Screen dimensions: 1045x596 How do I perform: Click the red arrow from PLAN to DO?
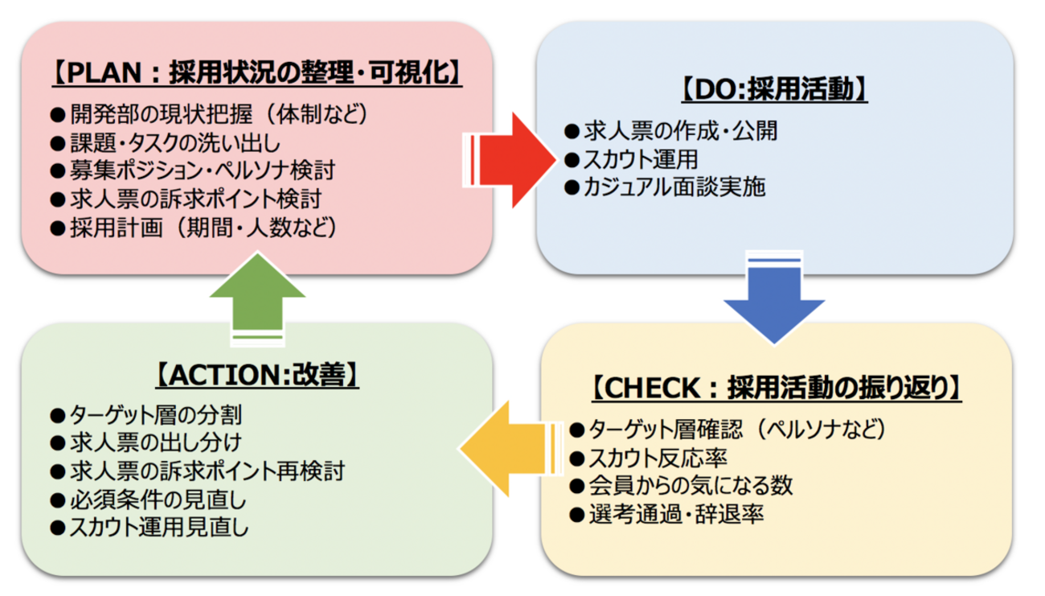tap(510, 160)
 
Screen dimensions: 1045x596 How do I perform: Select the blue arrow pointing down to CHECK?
tap(774, 298)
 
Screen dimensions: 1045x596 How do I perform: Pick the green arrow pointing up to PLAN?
tap(257, 298)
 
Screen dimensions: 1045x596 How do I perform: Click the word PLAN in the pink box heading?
tap(104, 73)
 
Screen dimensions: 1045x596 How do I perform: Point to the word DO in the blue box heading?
tap(715, 89)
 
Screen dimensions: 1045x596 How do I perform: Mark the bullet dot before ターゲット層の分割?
tap(57, 415)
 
